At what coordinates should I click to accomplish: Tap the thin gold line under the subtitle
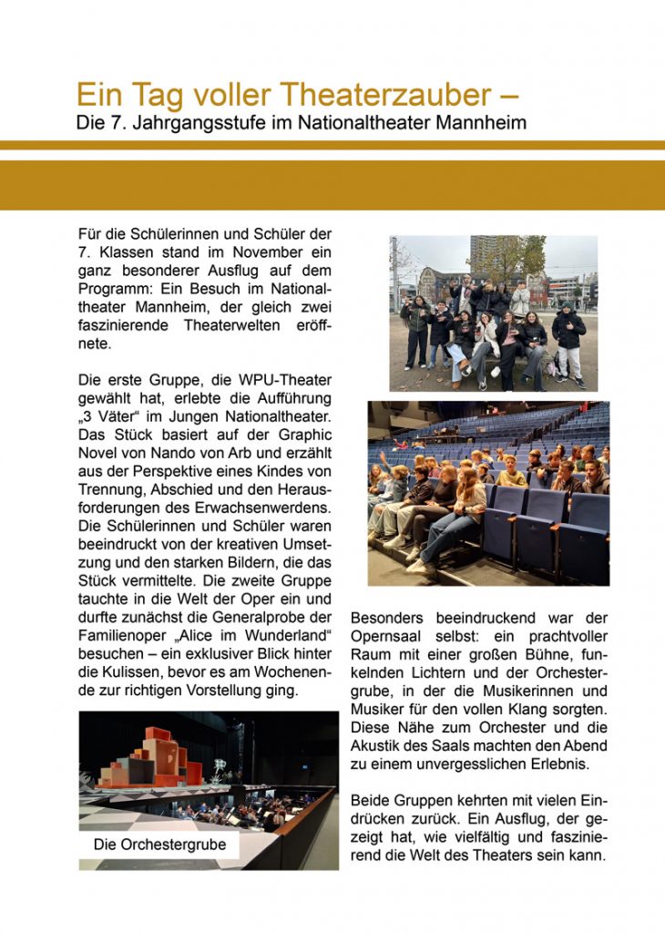tap(332, 145)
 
